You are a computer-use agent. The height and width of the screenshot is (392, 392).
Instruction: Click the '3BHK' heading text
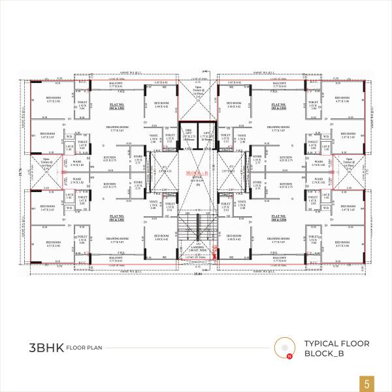pos(46,347)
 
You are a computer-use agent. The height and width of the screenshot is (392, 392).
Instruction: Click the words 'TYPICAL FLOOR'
pos(337,343)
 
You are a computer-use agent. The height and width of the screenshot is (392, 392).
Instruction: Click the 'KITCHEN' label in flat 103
pos(286,157)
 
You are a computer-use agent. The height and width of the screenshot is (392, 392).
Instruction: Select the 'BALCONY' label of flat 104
pos(279,257)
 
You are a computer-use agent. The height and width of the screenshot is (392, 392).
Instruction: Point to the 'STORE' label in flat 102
pos(138,157)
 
